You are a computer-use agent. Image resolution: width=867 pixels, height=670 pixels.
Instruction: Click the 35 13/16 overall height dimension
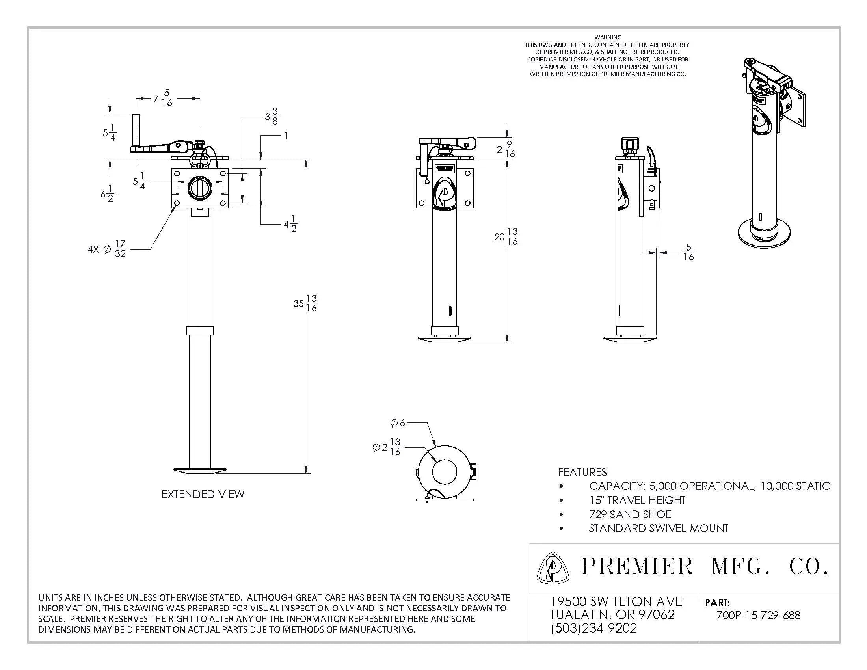pos(306,303)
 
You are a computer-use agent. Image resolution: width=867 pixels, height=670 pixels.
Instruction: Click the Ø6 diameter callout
pos(398,423)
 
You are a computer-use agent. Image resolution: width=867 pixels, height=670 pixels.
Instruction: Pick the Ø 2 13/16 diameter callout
pos(387,447)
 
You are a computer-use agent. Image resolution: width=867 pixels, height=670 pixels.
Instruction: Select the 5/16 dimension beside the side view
pos(688,253)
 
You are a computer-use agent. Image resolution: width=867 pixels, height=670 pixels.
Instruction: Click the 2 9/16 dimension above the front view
pos(506,149)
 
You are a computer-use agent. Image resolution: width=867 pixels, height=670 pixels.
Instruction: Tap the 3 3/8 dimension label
pos(272,116)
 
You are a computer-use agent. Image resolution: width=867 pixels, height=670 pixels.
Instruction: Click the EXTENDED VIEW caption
pos(203,494)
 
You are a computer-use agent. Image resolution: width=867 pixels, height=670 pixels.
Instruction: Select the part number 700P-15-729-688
pos(758,615)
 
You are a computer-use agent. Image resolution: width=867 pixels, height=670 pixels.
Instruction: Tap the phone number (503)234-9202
pos(594,628)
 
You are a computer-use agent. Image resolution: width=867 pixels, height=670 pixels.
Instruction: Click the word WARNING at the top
pos(608,37)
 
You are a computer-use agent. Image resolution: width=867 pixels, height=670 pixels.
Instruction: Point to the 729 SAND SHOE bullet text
pos(630,514)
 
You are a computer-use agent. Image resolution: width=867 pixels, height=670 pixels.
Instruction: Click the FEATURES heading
pos(582,472)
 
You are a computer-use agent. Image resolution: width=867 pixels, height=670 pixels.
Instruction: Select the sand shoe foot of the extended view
pos(200,471)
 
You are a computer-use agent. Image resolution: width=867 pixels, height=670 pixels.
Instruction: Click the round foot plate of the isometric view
pos(763,234)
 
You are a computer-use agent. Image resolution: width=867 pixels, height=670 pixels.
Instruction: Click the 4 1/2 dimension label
pos(290,224)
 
